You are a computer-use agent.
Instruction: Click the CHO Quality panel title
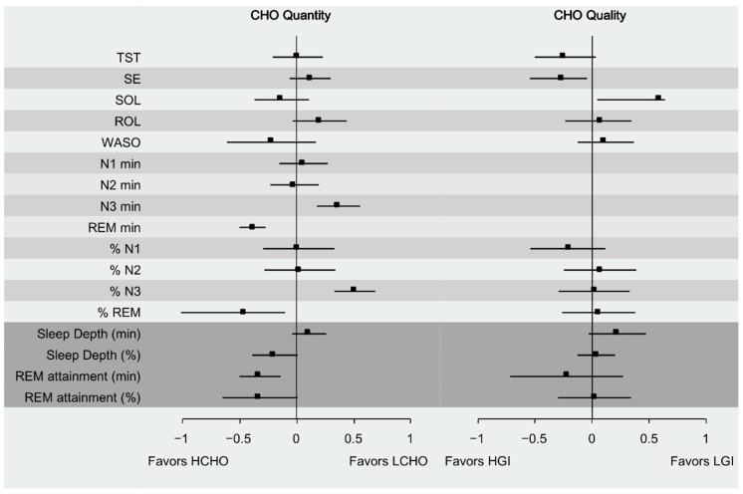[x=592, y=16]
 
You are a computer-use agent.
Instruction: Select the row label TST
[x=127, y=57]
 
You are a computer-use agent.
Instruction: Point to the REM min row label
[x=115, y=227]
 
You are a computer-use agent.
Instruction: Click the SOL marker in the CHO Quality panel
[x=658, y=99]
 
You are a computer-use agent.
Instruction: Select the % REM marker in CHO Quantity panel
[x=242, y=312]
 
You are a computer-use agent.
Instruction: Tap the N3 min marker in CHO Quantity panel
[x=337, y=205]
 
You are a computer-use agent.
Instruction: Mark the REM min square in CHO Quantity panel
[x=252, y=227]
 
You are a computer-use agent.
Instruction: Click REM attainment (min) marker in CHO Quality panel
[x=566, y=375]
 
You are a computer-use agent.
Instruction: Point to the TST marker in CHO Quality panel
[x=563, y=56]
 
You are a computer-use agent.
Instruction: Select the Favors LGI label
[x=703, y=463]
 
